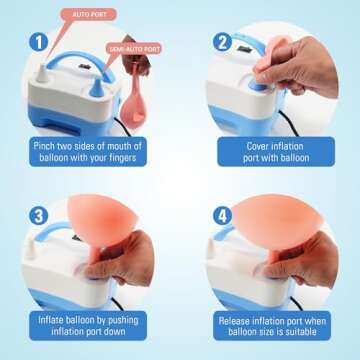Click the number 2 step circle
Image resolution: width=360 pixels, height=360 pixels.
point(220,43)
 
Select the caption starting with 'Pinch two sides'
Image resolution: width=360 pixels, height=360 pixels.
point(90,150)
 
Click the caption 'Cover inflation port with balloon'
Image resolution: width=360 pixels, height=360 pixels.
point(271,150)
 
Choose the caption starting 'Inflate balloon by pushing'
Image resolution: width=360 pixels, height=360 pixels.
point(90,327)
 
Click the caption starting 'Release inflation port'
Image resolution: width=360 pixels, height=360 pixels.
point(271,327)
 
